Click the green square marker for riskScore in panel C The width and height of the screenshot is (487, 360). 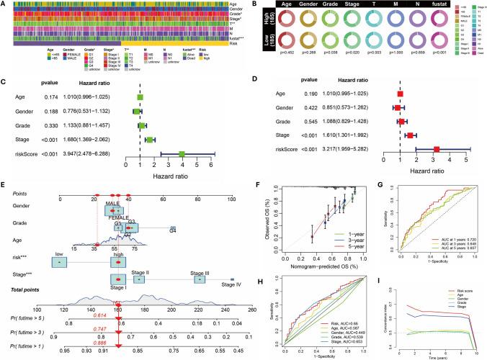point(182,153)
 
